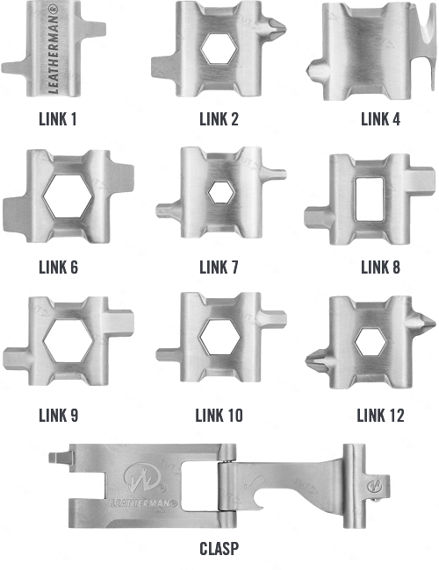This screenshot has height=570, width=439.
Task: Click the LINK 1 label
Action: coord(58,119)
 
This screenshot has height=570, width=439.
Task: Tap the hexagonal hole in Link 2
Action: coord(219,48)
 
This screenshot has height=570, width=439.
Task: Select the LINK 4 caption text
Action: coord(380,119)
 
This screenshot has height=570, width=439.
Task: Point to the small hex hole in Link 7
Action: coord(220,192)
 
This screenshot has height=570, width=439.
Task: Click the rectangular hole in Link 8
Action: coord(369,199)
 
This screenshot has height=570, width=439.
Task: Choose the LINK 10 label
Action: coord(219,416)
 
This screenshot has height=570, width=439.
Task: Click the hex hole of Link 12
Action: coord(371,342)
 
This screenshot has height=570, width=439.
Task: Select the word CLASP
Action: coord(219,549)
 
